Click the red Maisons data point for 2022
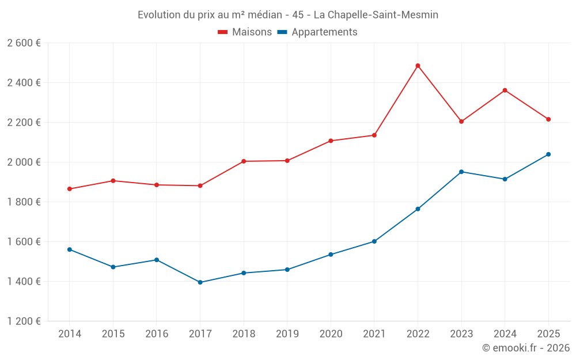418,66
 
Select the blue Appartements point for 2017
200,282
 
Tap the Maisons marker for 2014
69,189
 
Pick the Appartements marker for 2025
548,154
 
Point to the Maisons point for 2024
505,90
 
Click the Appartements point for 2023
461,172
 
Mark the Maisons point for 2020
331,141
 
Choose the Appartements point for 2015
113,267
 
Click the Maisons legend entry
245,32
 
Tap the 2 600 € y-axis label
24,43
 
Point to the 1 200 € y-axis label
24,321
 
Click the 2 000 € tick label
24,162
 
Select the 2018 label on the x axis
244,334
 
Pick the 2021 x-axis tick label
374,334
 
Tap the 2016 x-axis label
157,334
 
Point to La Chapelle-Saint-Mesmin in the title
376,15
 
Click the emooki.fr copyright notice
526,348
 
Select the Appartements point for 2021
374,241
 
